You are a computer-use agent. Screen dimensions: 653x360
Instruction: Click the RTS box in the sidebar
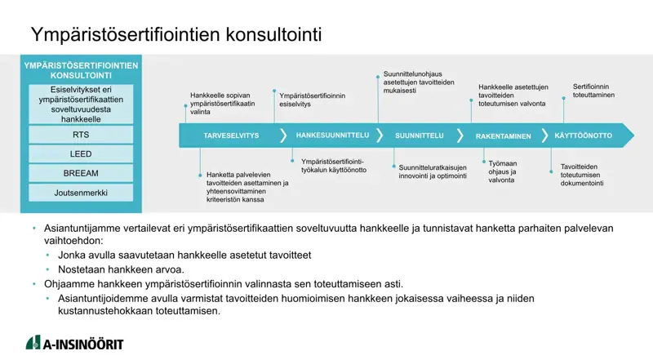tap(81, 135)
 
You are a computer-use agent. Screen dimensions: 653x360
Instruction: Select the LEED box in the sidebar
tap(81, 154)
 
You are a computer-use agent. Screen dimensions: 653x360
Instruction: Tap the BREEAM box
tap(81, 173)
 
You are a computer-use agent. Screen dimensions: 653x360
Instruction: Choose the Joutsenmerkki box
tap(81, 193)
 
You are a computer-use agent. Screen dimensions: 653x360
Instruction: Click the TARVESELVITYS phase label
tap(231, 136)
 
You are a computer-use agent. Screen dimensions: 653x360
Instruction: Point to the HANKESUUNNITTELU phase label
tap(332, 136)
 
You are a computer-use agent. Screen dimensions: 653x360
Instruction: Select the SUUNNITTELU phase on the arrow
tap(420, 136)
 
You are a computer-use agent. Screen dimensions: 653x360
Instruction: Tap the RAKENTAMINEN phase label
tap(503, 136)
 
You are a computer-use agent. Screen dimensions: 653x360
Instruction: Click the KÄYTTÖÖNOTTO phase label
tap(583, 136)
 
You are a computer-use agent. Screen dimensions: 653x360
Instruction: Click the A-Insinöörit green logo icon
tap(33, 343)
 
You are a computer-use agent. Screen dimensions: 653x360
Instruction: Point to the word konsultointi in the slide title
tap(273, 34)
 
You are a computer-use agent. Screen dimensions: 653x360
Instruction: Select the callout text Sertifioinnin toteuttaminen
tap(593, 91)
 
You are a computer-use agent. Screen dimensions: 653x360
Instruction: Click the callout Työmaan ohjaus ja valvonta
tap(503, 171)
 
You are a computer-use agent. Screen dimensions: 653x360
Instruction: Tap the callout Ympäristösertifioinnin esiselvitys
tap(313, 100)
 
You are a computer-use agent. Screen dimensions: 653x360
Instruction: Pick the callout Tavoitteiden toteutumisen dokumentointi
tap(582, 175)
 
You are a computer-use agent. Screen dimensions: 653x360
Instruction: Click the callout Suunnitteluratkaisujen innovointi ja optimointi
tap(433, 171)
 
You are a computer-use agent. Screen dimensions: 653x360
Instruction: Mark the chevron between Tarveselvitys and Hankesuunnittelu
tap(283, 136)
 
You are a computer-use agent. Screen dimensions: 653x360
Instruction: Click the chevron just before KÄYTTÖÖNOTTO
tap(544, 136)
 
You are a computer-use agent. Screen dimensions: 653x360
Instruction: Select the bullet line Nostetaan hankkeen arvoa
tap(121, 269)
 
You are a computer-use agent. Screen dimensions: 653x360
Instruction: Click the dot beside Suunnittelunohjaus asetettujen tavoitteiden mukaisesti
tap(378, 77)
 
